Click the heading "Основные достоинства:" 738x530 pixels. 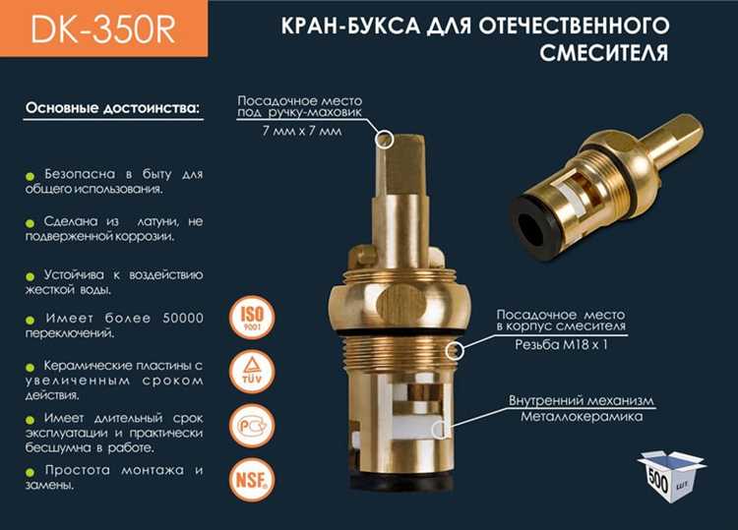click(x=111, y=106)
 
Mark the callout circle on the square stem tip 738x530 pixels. click(x=384, y=140)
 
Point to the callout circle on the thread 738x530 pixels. click(x=455, y=351)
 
